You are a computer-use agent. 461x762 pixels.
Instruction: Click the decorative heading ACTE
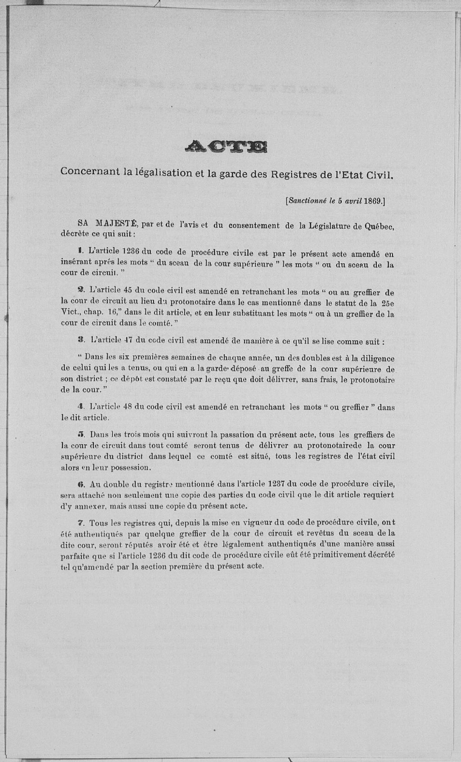click(x=226, y=146)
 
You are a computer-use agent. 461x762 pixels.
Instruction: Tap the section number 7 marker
click(x=81, y=523)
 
